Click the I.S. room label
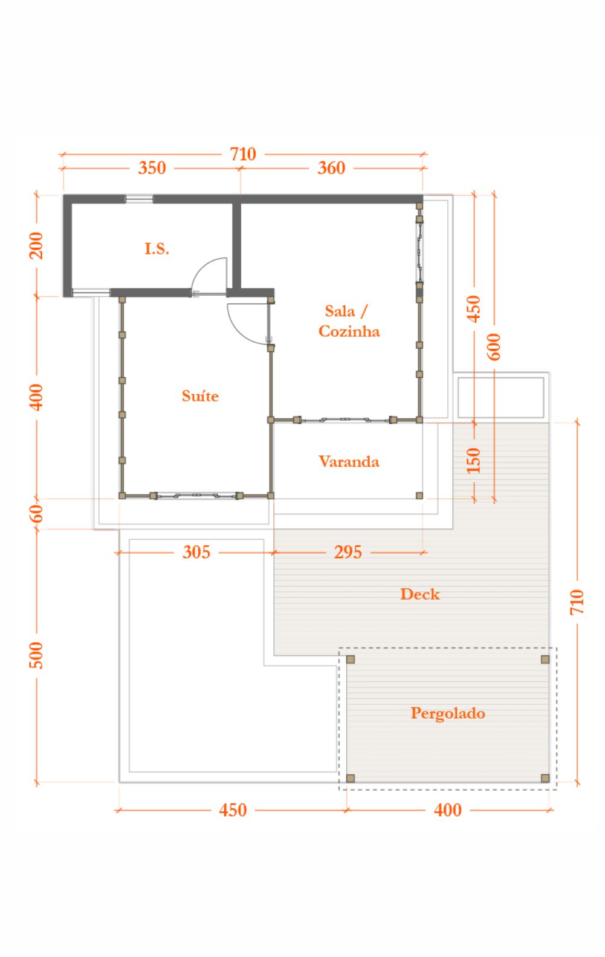point(157,248)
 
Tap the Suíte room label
point(200,396)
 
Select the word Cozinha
point(349,331)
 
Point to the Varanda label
point(349,461)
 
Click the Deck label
point(419,594)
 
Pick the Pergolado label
point(448,713)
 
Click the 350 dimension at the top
point(152,168)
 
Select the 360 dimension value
point(331,168)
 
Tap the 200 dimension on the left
point(36,245)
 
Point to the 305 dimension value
point(196,552)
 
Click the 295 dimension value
point(348,552)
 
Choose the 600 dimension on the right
point(493,347)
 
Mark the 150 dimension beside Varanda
point(473,461)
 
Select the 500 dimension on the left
point(36,655)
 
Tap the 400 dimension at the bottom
point(448,810)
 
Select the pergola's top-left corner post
point(351,660)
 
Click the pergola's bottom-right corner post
point(545,778)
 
